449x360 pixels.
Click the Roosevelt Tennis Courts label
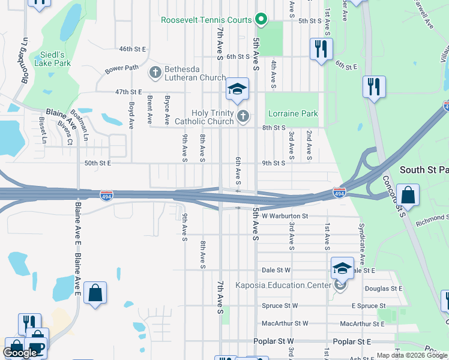pos(206,20)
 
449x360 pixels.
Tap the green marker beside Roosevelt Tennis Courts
pos(261,20)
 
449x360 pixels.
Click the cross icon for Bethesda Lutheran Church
pos(155,73)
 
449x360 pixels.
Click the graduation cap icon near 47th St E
pos(237,90)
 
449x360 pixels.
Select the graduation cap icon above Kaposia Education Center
pos(342,267)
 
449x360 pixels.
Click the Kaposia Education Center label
pos(283,285)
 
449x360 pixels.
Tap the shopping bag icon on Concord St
pos(408,195)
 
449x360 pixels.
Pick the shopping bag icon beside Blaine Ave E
pos(95,293)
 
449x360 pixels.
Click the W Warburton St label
pos(285,215)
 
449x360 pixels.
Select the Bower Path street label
pos(121,70)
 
